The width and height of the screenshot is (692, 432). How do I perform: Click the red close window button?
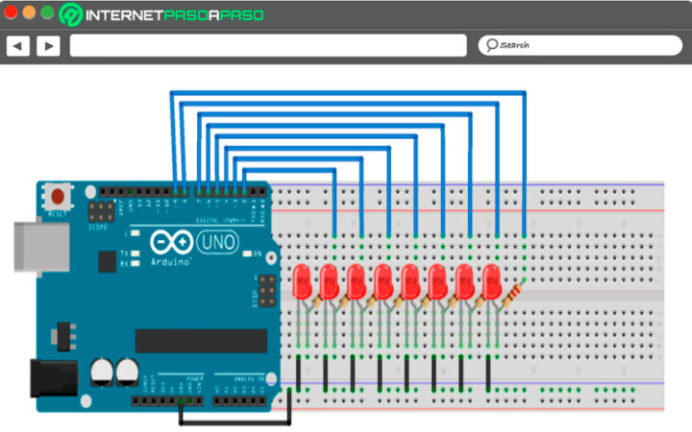click(x=12, y=13)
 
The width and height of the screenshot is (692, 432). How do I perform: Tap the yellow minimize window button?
click(x=30, y=13)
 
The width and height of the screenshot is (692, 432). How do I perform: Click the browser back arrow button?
click(x=17, y=45)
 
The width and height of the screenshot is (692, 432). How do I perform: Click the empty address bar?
click(x=268, y=45)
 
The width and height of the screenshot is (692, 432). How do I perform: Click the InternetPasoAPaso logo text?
click(x=173, y=15)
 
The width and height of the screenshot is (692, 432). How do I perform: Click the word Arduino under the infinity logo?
click(x=170, y=260)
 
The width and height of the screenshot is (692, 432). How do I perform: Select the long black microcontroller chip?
click(x=201, y=341)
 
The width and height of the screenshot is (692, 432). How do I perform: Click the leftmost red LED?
click(x=303, y=281)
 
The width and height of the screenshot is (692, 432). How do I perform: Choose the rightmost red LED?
click(x=493, y=281)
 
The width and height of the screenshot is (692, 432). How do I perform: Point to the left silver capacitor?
click(x=102, y=372)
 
